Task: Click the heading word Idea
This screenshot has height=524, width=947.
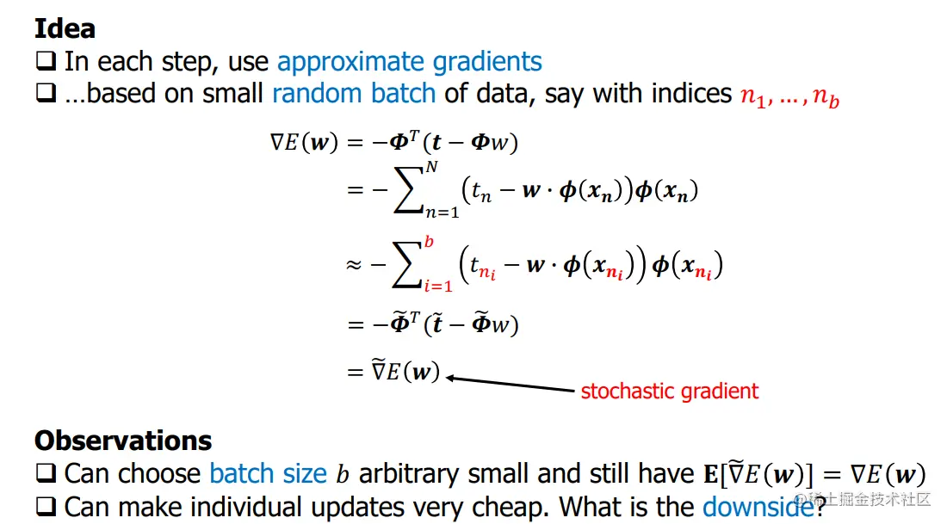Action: point(65,28)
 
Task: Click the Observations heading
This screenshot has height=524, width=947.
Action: point(123,441)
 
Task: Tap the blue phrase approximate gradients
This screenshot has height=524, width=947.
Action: point(410,62)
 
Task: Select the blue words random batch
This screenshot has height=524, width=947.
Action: point(354,94)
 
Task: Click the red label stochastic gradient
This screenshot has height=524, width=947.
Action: point(669,391)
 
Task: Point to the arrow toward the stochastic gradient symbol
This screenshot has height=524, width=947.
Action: point(511,385)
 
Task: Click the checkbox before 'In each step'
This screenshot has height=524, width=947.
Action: point(46,61)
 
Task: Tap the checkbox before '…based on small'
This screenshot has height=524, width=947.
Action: point(46,93)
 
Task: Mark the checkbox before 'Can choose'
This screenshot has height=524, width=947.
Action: point(46,473)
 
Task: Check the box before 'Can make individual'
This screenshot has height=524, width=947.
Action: point(46,506)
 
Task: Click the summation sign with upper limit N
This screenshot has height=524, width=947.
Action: point(408,189)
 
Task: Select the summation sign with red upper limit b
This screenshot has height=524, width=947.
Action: point(406,264)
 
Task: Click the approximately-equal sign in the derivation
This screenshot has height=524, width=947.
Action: point(354,264)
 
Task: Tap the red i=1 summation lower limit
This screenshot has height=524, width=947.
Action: point(438,287)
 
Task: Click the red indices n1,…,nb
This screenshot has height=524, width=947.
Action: point(790,96)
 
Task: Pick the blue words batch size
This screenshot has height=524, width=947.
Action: point(268,474)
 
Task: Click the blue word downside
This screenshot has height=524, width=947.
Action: point(758,507)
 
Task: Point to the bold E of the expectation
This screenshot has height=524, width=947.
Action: point(711,474)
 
